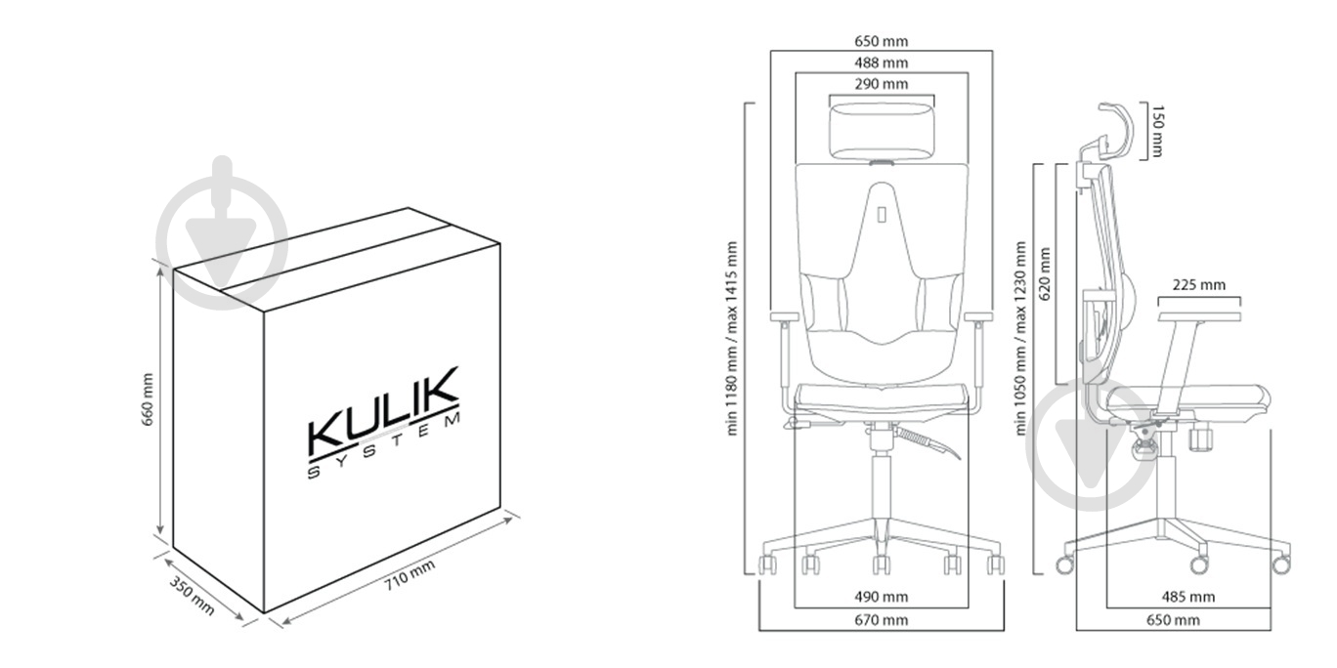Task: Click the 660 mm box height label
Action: click(148, 399)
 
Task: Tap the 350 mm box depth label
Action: click(192, 595)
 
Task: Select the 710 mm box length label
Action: click(410, 574)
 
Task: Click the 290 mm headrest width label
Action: click(881, 84)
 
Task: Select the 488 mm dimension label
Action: click(881, 63)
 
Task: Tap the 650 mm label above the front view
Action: click(881, 41)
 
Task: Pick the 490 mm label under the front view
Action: click(881, 597)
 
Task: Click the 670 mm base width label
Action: click(881, 620)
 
